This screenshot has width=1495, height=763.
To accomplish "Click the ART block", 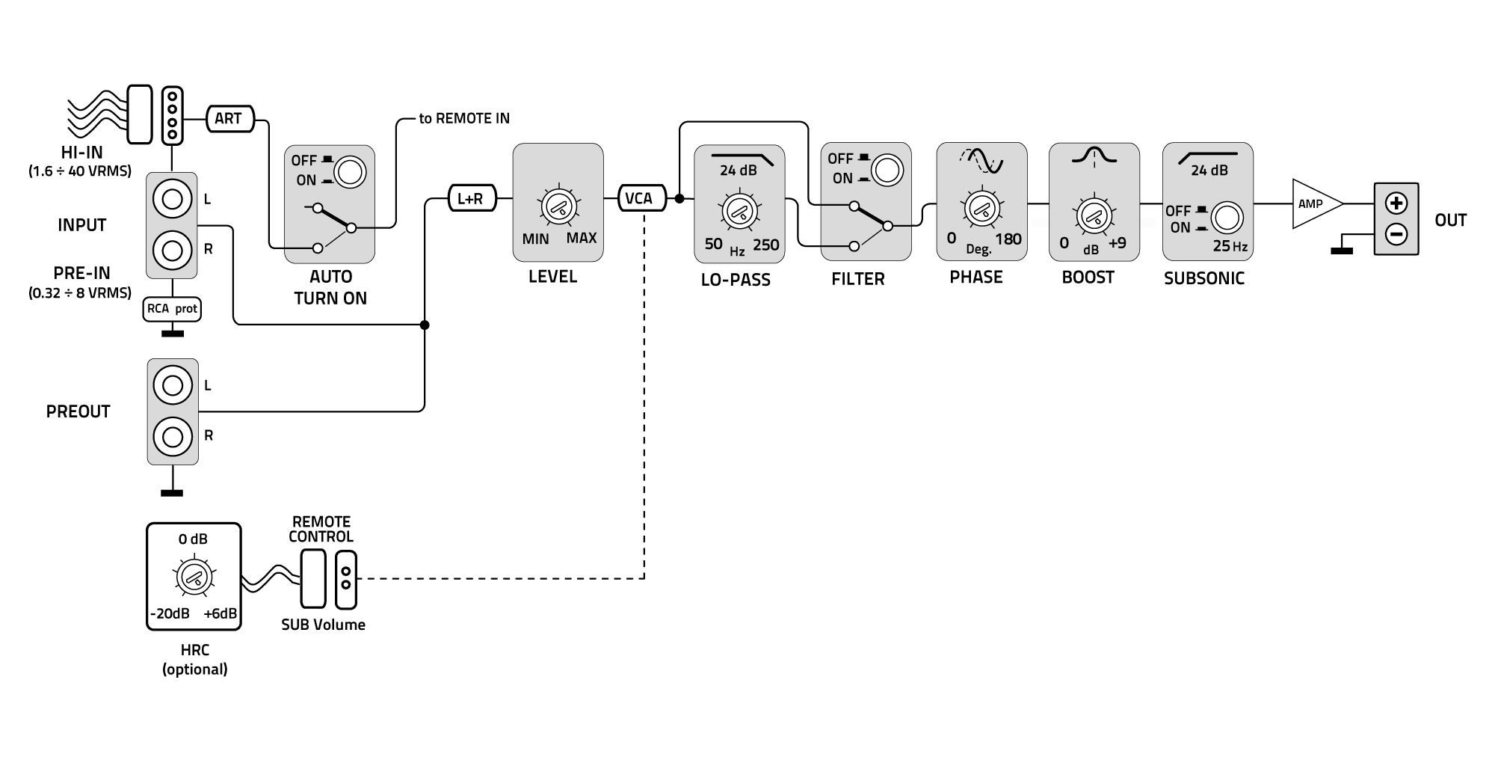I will (x=229, y=118).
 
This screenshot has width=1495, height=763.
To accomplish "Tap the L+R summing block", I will (x=471, y=198).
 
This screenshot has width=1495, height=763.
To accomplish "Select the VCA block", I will (x=639, y=198).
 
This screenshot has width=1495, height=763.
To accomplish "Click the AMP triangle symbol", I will (x=1315, y=203).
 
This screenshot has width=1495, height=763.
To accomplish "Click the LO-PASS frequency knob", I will (x=739, y=211).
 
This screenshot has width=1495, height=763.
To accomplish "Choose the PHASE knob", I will (x=981, y=208).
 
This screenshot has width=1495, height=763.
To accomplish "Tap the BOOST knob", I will (x=1094, y=216).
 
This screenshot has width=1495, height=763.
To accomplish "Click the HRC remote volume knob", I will (x=194, y=576).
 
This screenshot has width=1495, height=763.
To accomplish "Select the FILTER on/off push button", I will (x=887, y=170).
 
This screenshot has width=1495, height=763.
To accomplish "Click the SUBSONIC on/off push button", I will (x=1226, y=218).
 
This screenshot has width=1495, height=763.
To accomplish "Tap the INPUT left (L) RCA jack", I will (x=173, y=199).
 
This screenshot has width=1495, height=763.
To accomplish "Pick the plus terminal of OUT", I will (x=1396, y=203).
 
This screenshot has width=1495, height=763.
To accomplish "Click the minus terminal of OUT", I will (x=1396, y=235).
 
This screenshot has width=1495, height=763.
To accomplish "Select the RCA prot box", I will (x=172, y=308).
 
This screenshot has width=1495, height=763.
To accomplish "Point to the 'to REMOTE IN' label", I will (x=463, y=118).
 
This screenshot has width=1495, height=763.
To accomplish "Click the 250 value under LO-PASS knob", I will (x=765, y=245).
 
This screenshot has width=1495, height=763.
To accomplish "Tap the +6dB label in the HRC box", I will (x=220, y=613).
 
